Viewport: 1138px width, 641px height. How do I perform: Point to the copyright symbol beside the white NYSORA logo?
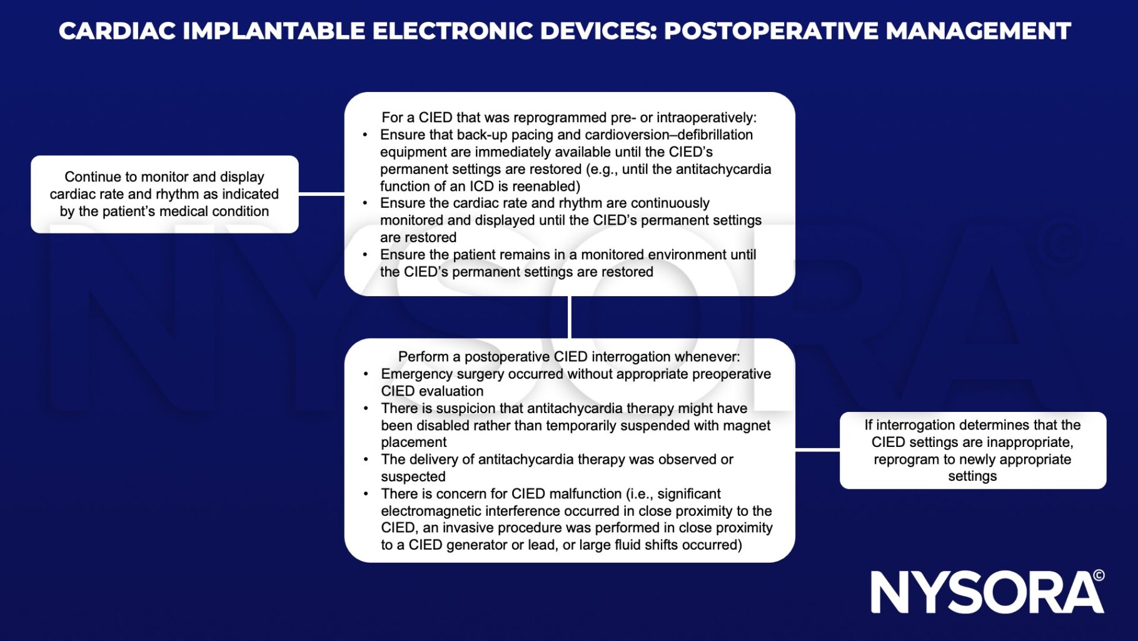(1099, 575)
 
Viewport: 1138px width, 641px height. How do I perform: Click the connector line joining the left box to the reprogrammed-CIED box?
(321, 194)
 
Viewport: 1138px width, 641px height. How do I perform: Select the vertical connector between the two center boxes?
(570, 317)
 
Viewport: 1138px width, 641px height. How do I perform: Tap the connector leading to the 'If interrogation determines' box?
(817, 449)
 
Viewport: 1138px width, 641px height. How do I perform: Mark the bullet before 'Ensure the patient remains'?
(366, 255)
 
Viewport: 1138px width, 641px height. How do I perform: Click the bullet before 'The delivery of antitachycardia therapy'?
(366, 459)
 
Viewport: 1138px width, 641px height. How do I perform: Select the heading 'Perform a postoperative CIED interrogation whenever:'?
(569, 357)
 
